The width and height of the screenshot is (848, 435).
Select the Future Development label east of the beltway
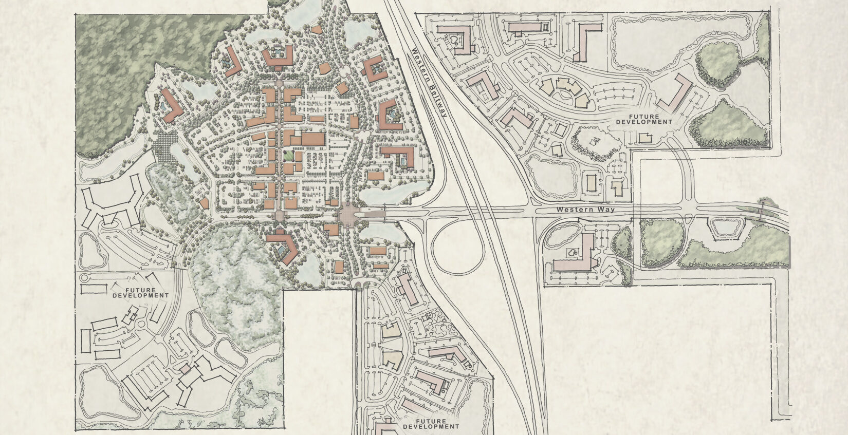(x=644, y=119)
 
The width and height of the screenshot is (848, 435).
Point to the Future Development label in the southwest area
(x=140, y=293)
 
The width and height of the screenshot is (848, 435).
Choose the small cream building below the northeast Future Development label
(x=644, y=138)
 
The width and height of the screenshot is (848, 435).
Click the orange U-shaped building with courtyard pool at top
(x=277, y=58)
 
